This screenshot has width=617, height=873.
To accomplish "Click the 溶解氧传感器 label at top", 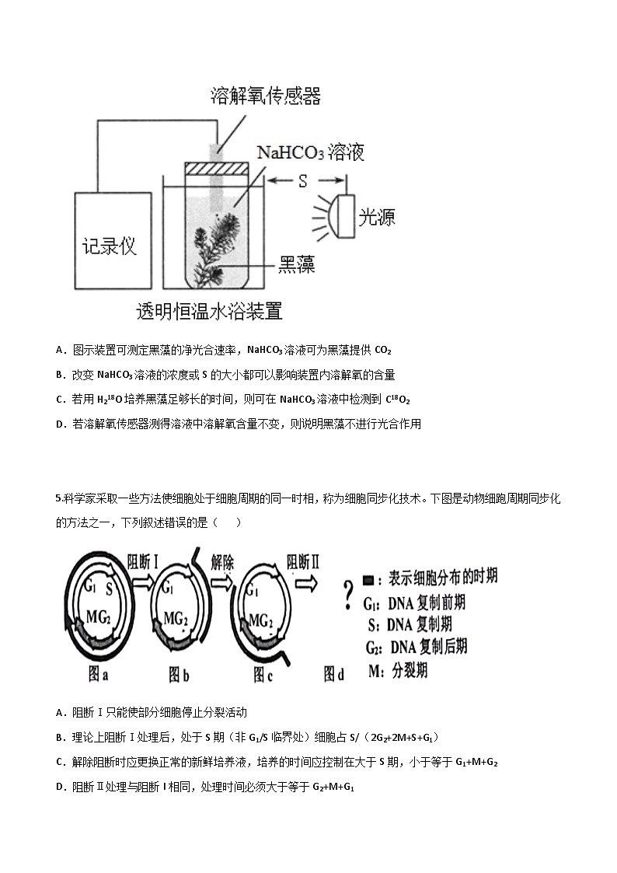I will pyautogui.click(x=266, y=96).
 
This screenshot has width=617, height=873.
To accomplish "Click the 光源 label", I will pyautogui.click(x=377, y=217).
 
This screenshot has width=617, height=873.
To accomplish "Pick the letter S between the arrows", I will pyautogui.click(x=303, y=180).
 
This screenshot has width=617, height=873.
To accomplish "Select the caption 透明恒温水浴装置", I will pyautogui.click(x=209, y=313).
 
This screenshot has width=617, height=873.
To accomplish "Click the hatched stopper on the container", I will pyautogui.click(x=216, y=168).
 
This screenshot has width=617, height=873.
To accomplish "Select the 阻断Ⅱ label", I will pyautogui.click(x=303, y=561).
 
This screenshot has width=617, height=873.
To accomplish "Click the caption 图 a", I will pyautogui.click(x=97, y=675).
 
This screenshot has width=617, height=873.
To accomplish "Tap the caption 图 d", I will pyautogui.click(x=333, y=674).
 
